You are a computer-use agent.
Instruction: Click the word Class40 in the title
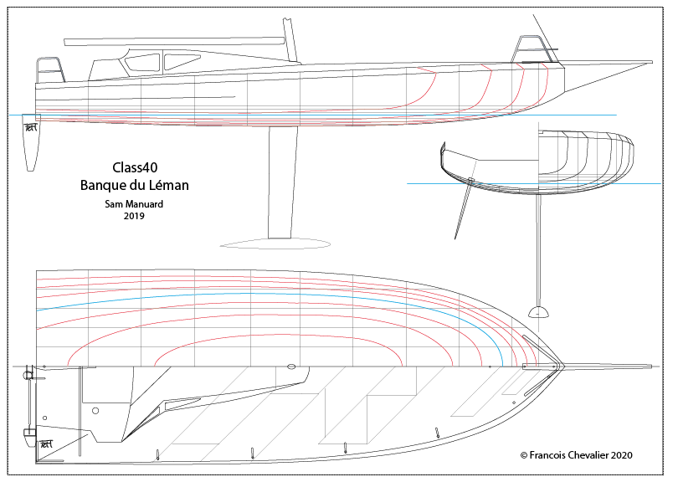point(134,167)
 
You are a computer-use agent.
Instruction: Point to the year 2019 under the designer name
point(134,216)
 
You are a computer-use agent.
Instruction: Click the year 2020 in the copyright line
point(619,455)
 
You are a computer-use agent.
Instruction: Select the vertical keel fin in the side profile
point(283,184)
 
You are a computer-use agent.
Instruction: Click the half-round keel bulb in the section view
point(538,313)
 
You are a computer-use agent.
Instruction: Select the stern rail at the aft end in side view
point(49,69)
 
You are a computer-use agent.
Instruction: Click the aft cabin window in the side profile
point(142,62)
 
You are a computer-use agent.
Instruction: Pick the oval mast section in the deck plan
point(291,367)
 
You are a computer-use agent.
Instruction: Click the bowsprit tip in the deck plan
point(648,366)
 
